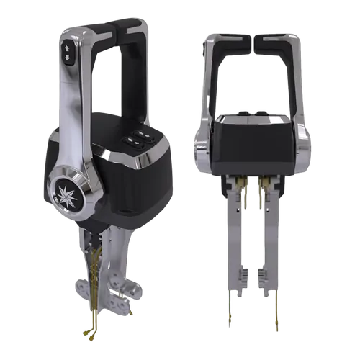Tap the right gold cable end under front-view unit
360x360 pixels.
pyautogui.click(x=275, y=317)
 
